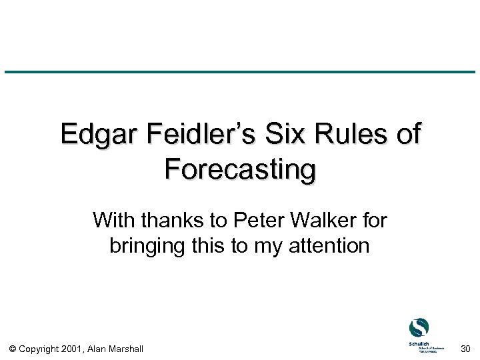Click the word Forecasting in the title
click(240, 169)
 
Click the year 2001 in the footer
click(73, 349)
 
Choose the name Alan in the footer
click(98, 349)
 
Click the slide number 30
click(465, 349)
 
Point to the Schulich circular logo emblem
click(419, 327)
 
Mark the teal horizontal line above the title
click(240, 72)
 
